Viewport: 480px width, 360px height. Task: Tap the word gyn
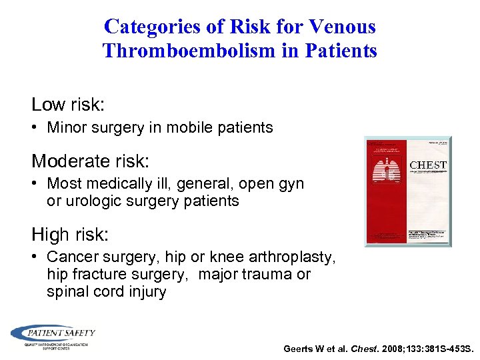(290, 183)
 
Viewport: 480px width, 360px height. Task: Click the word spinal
(67, 292)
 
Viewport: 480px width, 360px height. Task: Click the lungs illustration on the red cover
(387, 176)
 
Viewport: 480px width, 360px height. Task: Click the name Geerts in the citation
(299, 349)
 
